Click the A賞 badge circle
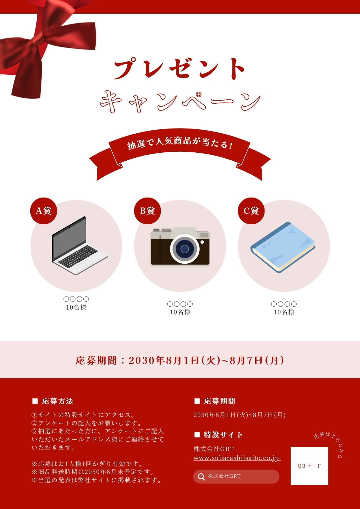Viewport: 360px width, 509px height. [43, 211]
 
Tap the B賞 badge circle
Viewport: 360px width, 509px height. [147, 211]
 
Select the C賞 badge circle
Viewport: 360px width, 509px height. [251, 211]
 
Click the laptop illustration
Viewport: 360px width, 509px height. [80, 246]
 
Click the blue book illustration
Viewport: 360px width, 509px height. [283, 247]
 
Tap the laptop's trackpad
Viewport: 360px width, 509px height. [85, 264]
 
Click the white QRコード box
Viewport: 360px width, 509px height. [309, 466]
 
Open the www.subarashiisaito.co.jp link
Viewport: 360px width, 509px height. [237, 458]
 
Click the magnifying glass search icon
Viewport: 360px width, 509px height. [201, 477]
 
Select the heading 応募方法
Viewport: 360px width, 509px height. [57, 401]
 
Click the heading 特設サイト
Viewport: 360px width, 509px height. [223, 435]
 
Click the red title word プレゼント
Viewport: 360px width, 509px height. [180, 68]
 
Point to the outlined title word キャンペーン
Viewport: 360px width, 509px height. [180, 101]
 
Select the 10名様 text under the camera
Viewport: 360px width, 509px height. [180, 312]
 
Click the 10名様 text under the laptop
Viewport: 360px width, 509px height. [76, 307]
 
